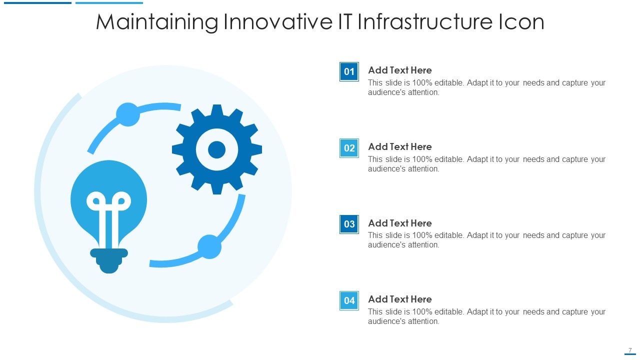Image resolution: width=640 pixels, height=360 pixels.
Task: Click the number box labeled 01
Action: pos(349,71)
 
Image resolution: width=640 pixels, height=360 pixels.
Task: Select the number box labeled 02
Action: pos(349,148)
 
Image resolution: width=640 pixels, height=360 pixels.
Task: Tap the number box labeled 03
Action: pos(349,224)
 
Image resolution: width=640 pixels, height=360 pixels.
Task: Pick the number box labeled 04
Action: pos(349,300)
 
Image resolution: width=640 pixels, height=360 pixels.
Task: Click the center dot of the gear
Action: pos(217,149)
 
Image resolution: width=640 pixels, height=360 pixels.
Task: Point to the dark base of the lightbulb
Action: pos(109,261)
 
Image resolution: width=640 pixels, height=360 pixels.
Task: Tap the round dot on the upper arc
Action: pos(128,114)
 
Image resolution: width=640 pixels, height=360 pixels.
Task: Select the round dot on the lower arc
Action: pos(209,247)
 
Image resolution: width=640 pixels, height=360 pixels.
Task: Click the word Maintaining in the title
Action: pos(157,22)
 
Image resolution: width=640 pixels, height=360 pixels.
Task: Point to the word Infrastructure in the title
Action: pos(425,21)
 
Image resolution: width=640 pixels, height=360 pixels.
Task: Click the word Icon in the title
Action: pos(521,21)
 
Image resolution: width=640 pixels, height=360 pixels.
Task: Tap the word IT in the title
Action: pos(345,21)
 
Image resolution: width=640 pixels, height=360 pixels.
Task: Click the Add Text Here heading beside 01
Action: pos(399,70)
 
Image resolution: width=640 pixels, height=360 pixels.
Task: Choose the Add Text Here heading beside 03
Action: pos(399,223)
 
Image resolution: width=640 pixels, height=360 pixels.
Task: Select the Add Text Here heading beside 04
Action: pos(399,299)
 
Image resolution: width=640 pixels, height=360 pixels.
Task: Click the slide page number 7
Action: pos(630,350)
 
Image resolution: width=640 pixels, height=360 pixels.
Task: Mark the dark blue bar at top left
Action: pos(37,3)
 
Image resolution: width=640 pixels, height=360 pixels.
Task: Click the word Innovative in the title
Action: pos(278,21)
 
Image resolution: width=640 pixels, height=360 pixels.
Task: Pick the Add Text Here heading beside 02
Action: pos(399,146)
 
